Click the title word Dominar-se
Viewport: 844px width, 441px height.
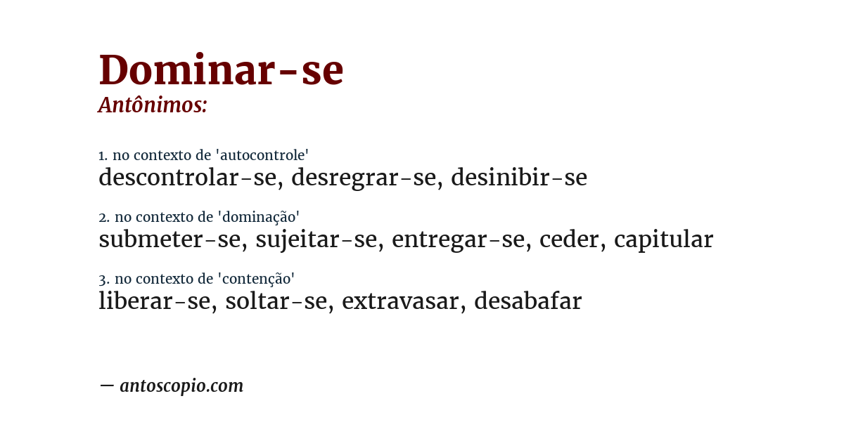[221, 70]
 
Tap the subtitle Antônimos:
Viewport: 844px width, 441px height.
[153, 105]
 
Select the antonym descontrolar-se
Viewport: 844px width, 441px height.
[187, 177]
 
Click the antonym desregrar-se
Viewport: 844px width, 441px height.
[364, 178]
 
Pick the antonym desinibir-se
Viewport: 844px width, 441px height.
[519, 177]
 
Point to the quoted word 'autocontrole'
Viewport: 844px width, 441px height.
[262, 154]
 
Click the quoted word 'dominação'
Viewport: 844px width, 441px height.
[259, 217]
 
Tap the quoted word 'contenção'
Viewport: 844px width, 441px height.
[256, 279]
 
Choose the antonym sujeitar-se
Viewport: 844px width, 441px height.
[316, 240]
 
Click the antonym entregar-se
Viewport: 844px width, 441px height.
[458, 240]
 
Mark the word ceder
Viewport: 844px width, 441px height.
[569, 239]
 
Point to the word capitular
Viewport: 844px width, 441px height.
[663, 240]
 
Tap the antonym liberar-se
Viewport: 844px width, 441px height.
[155, 301]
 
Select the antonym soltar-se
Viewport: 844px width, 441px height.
[276, 301]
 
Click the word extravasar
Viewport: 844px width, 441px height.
[399, 301]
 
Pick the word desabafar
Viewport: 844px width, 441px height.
[528, 301]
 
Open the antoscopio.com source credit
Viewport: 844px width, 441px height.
[181, 386]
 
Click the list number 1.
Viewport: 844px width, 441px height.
[103, 155]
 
